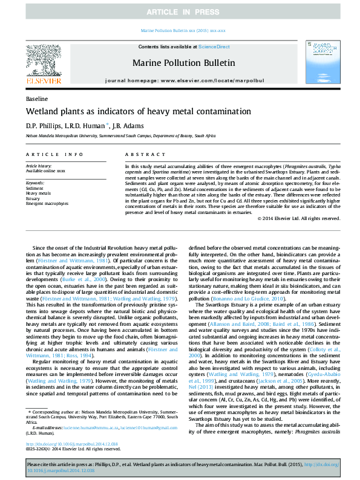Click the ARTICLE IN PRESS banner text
coord(180,12)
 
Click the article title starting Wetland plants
coord(138,111)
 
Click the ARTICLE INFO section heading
coord(54,155)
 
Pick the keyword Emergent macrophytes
coord(47,204)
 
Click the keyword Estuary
coord(33,198)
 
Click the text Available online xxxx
coord(45,170)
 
